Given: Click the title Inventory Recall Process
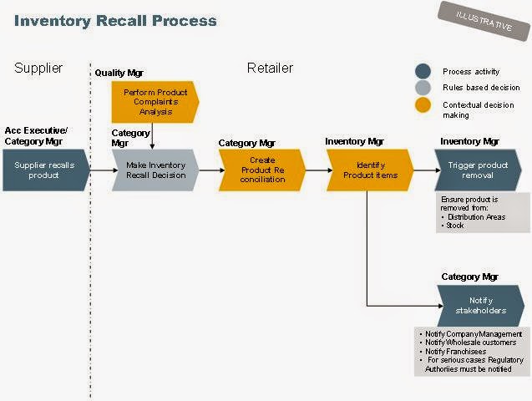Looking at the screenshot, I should [x=115, y=20].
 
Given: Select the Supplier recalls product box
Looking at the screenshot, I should [x=43, y=170].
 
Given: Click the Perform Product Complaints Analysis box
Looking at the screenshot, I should [x=155, y=101].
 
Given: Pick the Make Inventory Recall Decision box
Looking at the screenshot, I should [x=155, y=170].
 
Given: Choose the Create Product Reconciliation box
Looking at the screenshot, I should [x=261, y=170].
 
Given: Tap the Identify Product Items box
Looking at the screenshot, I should [x=369, y=170].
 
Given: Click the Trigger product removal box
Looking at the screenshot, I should [x=477, y=170].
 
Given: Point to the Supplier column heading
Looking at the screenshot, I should [x=39, y=68].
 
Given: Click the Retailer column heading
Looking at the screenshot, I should [x=270, y=68].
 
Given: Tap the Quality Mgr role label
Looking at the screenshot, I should [x=119, y=74].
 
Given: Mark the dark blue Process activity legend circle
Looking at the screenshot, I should [x=423, y=72].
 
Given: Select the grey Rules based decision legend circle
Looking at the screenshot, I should [x=423, y=88].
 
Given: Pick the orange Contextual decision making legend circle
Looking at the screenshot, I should [x=423, y=105].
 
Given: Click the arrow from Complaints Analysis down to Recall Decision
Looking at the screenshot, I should [x=153, y=135].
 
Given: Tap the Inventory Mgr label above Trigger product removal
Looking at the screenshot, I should [x=469, y=141].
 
